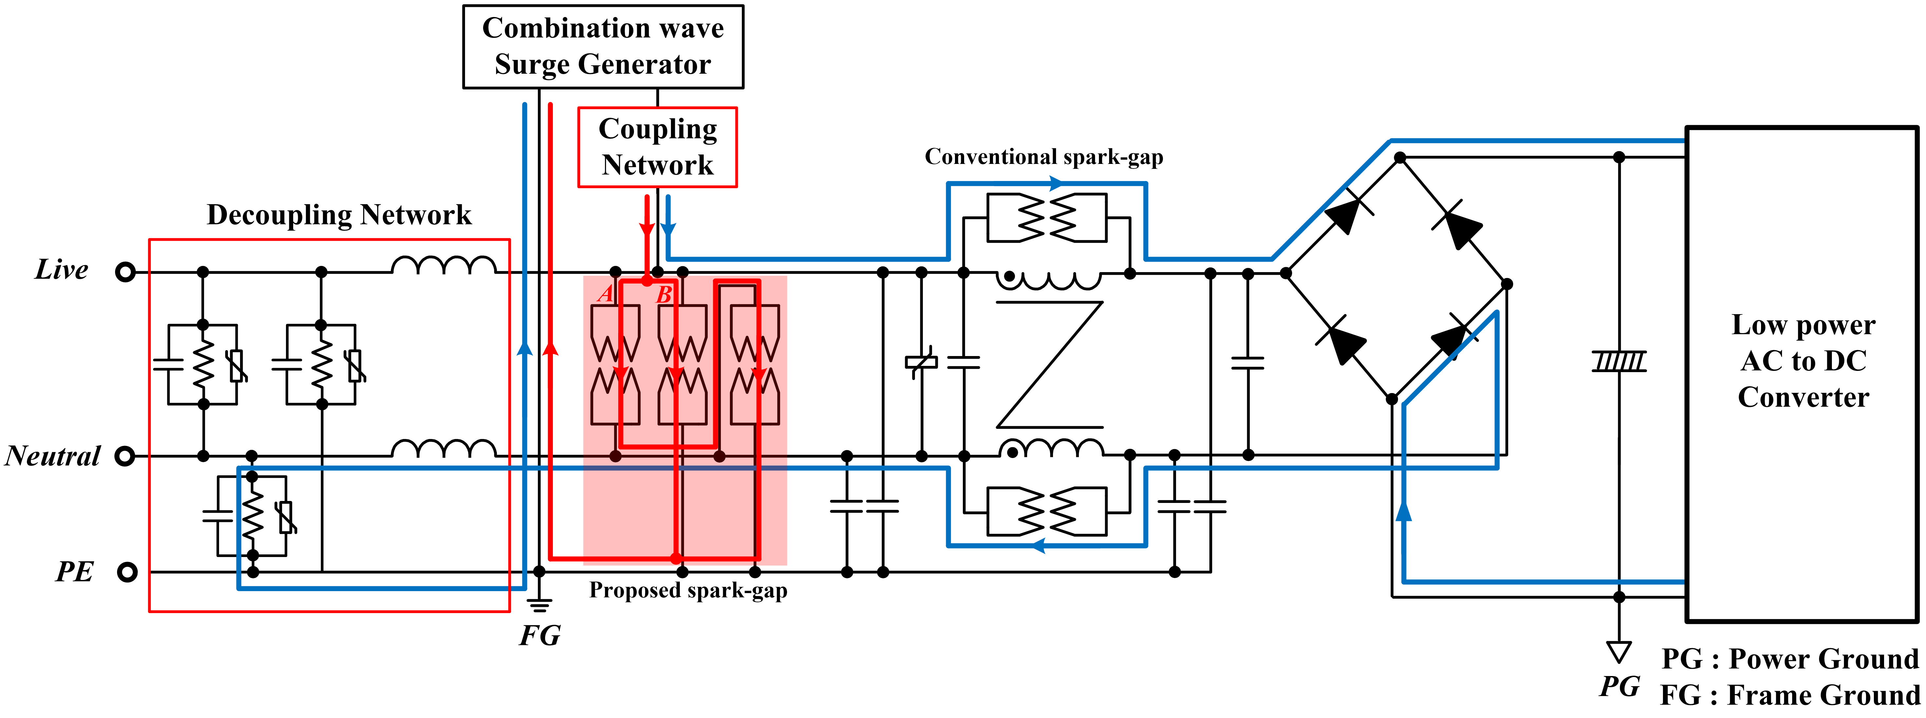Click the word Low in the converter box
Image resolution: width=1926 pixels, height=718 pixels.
click(1757, 325)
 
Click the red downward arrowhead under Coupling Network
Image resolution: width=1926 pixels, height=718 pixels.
click(647, 229)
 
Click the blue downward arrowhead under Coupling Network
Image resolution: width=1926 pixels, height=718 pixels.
click(668, 229)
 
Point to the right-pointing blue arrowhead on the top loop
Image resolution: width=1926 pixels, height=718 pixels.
click(1056, 183)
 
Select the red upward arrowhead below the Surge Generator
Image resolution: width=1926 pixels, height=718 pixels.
click(550, 348)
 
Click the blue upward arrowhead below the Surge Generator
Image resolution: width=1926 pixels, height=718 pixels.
click(525, 348)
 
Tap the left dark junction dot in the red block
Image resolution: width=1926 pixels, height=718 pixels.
click(615, 456)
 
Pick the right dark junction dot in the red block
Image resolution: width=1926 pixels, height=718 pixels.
click(719, 456)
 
